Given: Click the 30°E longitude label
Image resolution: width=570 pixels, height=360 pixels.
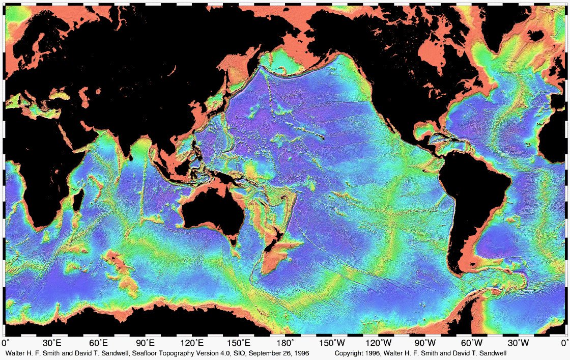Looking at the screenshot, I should click(53, 344).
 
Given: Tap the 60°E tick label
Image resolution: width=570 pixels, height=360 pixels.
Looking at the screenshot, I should click(99, 344).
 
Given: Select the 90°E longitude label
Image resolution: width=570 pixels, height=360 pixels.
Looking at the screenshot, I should click(146, 344).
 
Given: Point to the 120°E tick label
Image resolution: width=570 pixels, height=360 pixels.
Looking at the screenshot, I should click(193, 344).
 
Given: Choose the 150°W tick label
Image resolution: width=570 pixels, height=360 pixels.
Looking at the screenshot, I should click(333, 344).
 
